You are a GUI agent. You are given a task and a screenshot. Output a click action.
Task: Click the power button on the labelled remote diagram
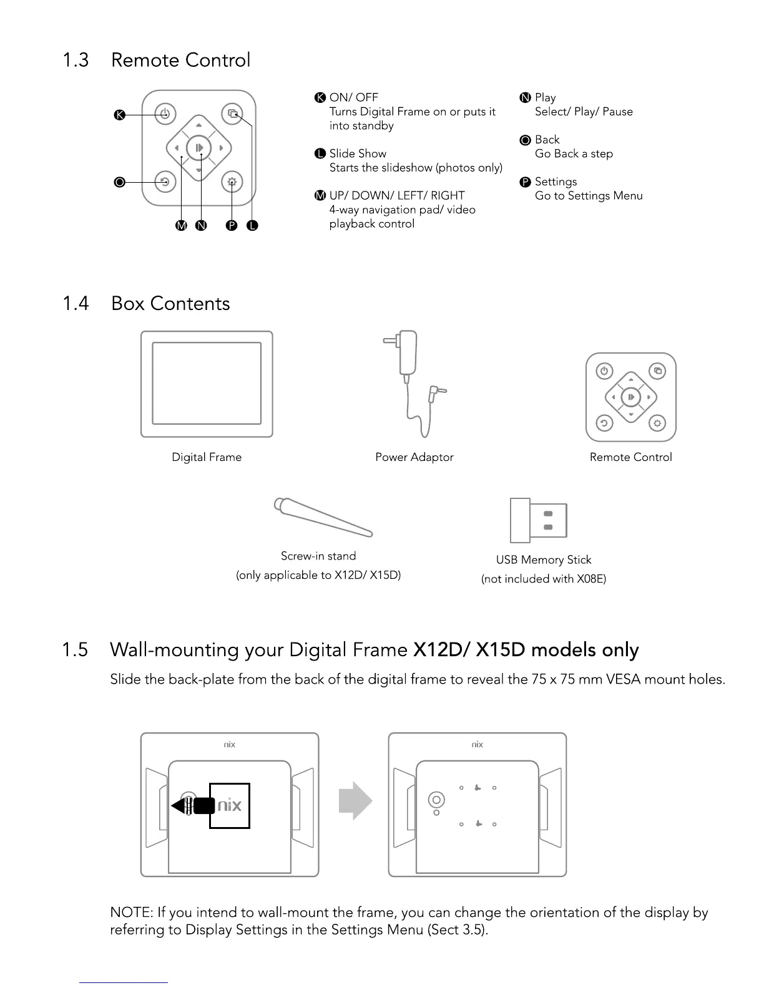tap(165, 114)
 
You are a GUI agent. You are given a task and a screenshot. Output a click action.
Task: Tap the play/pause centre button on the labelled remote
tap(199, 148)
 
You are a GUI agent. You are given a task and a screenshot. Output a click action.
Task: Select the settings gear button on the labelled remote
tap(232, 182)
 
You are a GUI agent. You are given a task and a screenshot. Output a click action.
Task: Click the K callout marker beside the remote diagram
tap(120, 115)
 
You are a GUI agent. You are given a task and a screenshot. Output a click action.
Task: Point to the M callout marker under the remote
tap(181, 226)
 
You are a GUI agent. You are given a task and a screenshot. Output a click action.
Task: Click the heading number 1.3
tap(76, 61)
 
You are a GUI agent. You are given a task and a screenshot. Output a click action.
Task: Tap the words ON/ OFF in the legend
tap(354, 97)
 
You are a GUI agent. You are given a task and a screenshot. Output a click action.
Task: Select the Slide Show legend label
tap(358, 153)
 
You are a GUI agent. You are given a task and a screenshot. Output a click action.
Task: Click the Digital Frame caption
tap(207, 457)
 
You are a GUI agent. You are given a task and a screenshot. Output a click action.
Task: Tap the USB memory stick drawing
tap(539, 520)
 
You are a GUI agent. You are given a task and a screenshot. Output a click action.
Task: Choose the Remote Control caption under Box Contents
tap(630, 457)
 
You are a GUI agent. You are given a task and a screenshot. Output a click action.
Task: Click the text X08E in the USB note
tap(590, 579)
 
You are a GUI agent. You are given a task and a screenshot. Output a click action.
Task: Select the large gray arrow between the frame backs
tap(355, 800)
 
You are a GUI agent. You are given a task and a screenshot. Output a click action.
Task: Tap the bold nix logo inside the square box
tap(229, 805)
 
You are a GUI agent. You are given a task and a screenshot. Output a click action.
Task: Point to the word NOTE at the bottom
tap(130, 913)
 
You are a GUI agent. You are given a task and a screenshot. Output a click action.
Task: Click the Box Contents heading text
tap(170, 304)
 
